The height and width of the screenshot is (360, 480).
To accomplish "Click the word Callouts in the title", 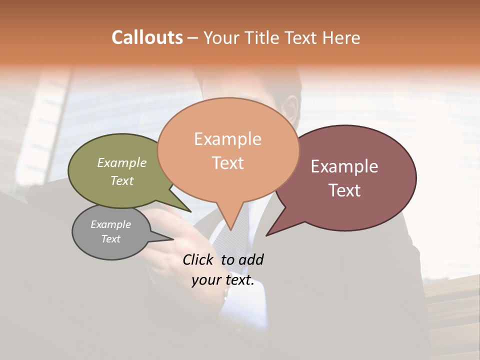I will [147, 37].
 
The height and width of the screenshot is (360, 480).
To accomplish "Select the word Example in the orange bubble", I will [227, 139].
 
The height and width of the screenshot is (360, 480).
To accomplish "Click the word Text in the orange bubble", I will [227, 163].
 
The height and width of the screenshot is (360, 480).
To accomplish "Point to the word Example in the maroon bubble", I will [344, 166].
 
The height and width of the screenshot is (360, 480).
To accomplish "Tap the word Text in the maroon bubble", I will [344, 190].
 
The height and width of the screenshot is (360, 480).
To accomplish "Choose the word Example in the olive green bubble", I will [122, 162].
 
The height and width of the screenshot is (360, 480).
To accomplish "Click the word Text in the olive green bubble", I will [122, 180].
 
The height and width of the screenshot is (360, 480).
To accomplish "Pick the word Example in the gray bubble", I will [110, 224].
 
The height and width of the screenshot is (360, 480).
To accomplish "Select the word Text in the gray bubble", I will [110, 239].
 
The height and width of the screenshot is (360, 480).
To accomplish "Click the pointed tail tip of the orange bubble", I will [230, 229].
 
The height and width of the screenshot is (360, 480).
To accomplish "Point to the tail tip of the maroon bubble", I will [267, 235].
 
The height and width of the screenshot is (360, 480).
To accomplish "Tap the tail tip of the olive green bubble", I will [190, 211].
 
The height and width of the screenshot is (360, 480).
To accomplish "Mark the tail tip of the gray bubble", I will [172, 239].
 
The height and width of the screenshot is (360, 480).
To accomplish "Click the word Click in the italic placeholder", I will [198, 259].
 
